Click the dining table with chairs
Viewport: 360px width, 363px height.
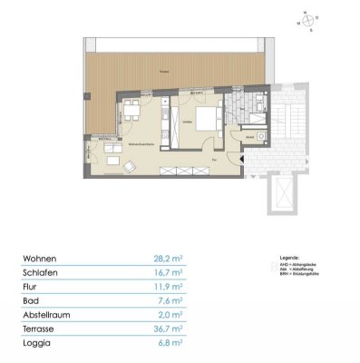click(132, 113)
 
